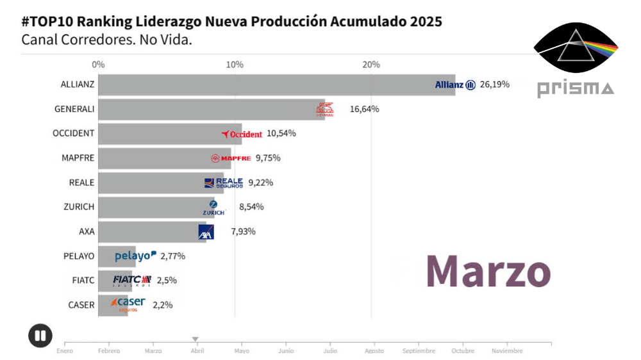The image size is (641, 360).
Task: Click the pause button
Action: pyautogui.click(x=40, y=335)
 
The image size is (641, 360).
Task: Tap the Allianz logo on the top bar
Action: pyautogui.click(x=455, y=85)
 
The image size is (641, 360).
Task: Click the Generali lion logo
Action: pyautogui.click(x=325, y=109)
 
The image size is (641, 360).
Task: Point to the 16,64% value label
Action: pyautogui.click(x=364, y=109)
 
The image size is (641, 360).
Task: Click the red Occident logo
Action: pyautogui.click(x=242, y=134)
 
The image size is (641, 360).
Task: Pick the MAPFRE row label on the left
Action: pyautogui.click(x=78, y=158)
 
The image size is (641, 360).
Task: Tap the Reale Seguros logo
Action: pyautogui.click(x=224, y=183)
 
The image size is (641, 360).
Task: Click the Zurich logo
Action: pyautogui.click(x=213, y=208)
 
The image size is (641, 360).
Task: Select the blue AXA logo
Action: pyautogui.click(x=206, y=231)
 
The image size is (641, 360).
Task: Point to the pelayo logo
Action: pyautogui.click(x=135, y=256)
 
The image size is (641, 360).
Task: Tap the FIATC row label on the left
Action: pyautogui.click(x=83, y=281)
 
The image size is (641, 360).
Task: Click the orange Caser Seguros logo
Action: pyautogui.click(x=128, y=304)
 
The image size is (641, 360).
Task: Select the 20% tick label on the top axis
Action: pyautogui.click(x=371, y=65)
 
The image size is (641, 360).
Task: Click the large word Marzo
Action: pyautogui.click(x=488, y=272)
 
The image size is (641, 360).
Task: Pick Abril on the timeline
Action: pyautogui.click(x=197, y=351)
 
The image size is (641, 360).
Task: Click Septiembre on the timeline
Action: pyautogui.click(x=419, y=351)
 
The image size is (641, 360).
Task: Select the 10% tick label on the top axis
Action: pyautogui.click(x=235, y=65)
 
